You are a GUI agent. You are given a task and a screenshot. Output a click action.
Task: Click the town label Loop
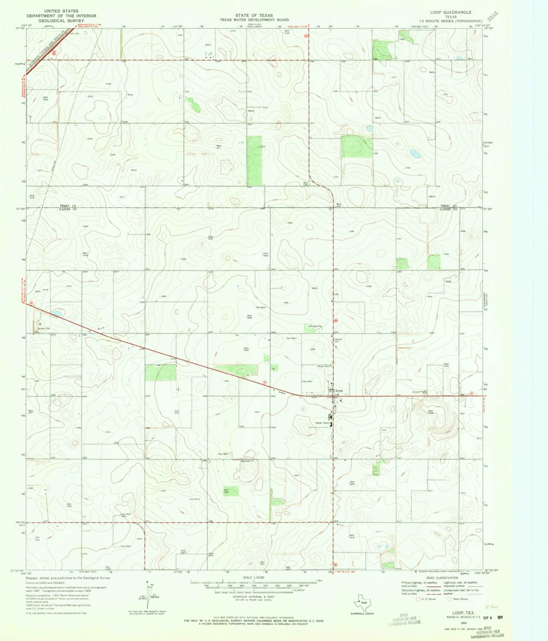339,390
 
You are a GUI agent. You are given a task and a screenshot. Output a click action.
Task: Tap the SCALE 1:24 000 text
254,577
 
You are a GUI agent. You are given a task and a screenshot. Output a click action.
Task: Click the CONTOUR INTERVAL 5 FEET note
254,596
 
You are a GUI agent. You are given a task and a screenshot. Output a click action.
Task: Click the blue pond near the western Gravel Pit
57,313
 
